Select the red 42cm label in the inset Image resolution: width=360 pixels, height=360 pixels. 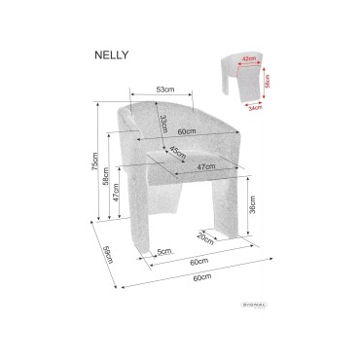tap(249, 58)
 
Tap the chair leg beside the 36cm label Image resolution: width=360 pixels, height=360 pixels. tap(229, 209)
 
